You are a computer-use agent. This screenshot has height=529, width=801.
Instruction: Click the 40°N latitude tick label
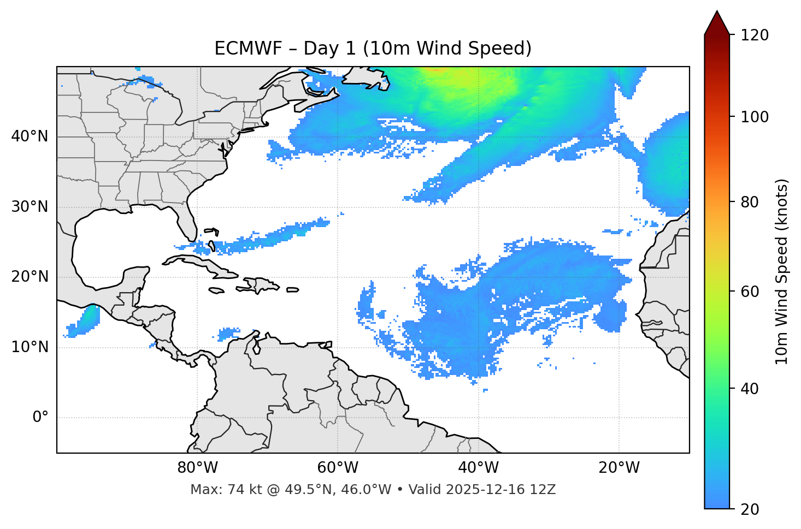(x=30, y=136)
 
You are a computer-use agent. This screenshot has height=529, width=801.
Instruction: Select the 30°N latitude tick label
(x=30, y=207)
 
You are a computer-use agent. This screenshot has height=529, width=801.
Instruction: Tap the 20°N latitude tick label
(x=30, y=277)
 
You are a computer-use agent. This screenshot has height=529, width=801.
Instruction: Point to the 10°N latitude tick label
(x=30, y=347)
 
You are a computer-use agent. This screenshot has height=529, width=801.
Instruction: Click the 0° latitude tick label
(x=40, y=418)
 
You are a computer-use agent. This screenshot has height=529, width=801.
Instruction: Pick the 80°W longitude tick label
(x=197, y=468)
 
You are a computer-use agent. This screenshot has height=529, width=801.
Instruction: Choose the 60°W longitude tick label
(x=338, y=468)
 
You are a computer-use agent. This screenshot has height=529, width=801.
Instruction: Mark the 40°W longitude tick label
(x=479, y=468)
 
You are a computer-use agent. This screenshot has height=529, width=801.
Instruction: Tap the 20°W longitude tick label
(x=619, y=468)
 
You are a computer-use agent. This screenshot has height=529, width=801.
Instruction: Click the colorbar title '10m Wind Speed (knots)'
(x=782, y=271)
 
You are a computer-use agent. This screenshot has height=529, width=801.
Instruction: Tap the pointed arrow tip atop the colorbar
(x=716, y=14)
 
